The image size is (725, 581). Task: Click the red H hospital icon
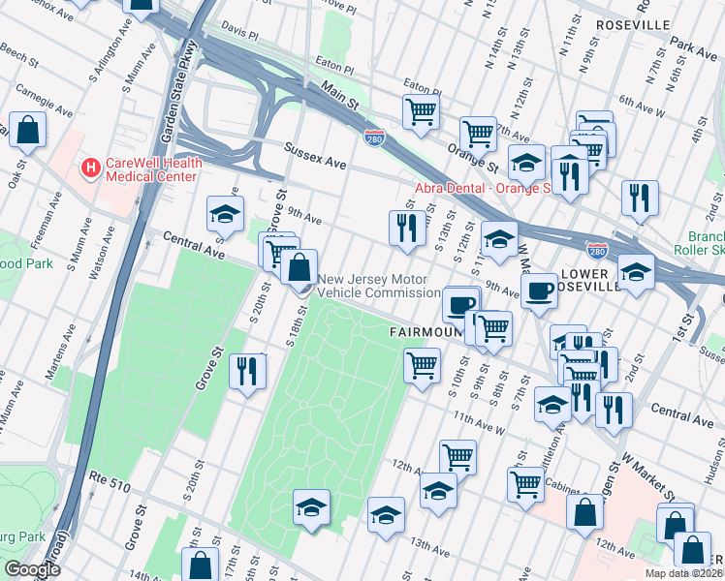90,168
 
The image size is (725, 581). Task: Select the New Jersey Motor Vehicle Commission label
379,285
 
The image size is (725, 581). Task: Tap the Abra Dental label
482,188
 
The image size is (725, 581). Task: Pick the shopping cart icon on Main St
421,111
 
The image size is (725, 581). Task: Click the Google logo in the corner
31,569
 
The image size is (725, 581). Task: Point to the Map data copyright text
684,573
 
